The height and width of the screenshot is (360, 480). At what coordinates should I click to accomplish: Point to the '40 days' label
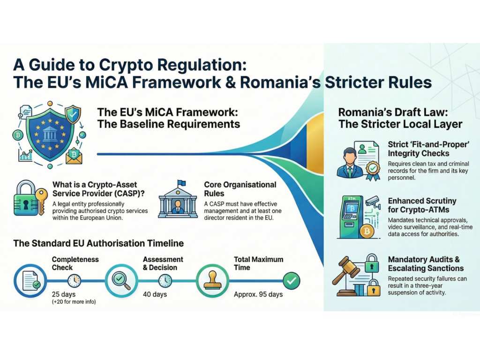tap(155, 294)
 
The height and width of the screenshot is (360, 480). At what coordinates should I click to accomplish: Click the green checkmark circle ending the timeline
tap(292, 280)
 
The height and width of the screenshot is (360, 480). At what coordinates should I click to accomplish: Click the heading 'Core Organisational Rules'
tap(240, 189)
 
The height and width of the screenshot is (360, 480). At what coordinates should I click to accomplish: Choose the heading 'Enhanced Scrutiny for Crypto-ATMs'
tap(422, 205)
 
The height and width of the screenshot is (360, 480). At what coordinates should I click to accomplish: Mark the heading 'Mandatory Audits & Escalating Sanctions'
tap(426, 263)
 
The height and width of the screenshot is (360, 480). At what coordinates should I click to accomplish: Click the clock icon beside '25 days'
tap(75, 280)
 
